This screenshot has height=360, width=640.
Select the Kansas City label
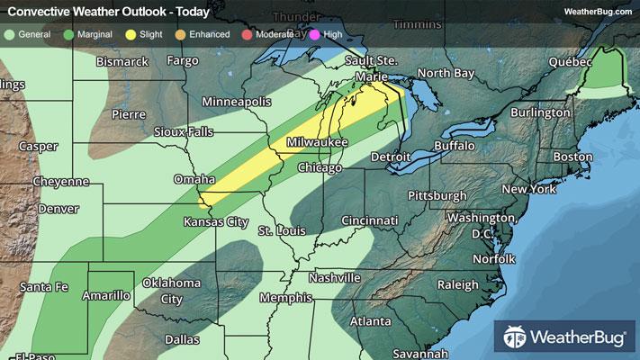click(x=215, y=221)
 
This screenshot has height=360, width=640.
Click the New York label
click(x=529, y=189)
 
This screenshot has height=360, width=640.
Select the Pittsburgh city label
click(x=437, y=195)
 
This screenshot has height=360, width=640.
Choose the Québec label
click(x=571, y=62)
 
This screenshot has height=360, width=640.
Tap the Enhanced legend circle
click(x=181, y=33)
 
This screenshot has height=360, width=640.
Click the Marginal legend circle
click(x=68, y=33)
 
